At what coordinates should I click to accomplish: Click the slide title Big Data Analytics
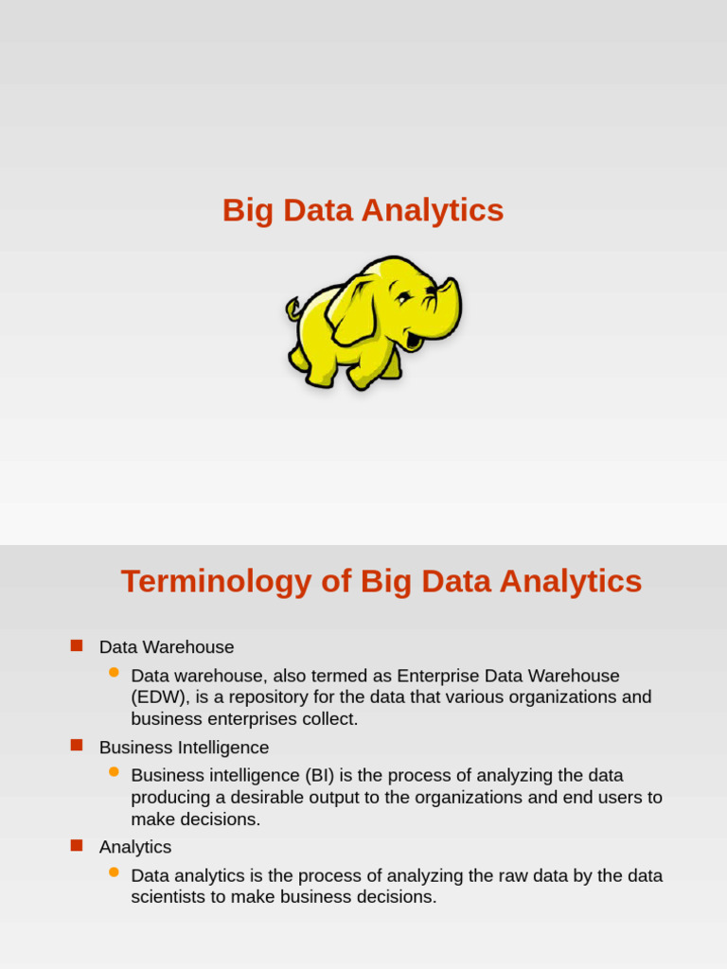click(363, 210)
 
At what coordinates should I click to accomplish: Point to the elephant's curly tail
click(293, 308)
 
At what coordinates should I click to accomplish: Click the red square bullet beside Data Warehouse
click(77, 645)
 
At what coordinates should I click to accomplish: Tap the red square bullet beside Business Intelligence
click(77, 746)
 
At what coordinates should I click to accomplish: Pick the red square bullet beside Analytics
click(77, 845)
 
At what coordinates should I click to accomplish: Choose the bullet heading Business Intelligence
click(184, 748)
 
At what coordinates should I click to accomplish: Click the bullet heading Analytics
click(135, 847)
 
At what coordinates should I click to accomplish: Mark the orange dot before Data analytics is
click(114, 872)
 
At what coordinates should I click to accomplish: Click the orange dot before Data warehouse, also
click(114, 672)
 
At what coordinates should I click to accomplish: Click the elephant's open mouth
click(415, 338)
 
